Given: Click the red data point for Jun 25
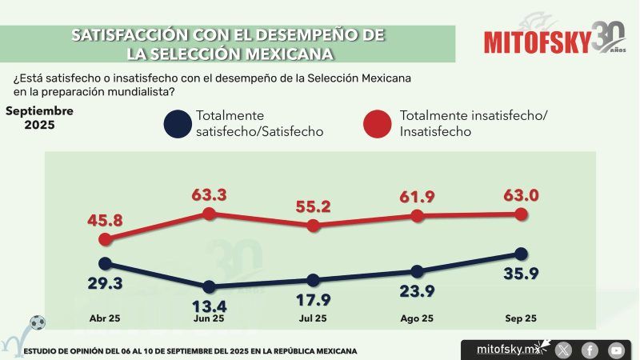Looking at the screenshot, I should coord(210,214).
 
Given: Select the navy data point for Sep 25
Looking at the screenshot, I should coord(521,254).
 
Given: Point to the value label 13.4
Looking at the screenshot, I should coord(209,306).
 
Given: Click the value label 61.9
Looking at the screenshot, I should coord(417,195).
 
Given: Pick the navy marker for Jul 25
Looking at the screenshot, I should coord(313,280).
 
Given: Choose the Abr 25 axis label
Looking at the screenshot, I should coord(105,318).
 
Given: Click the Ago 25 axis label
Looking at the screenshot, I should coord(417,318).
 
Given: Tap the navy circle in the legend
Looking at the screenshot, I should coord(175,124).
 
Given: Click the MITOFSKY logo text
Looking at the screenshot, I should coord(537,41).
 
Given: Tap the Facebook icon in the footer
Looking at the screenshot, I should coord(590,350).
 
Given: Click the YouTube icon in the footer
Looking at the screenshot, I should coord(616,350).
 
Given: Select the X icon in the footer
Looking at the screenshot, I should coord(564,350).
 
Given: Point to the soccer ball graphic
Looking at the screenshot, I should coord(37,323).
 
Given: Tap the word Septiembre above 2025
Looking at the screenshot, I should coord(39,110).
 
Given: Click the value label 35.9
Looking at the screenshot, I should coord(521,276).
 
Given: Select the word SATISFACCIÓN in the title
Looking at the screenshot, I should coord(128,35).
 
